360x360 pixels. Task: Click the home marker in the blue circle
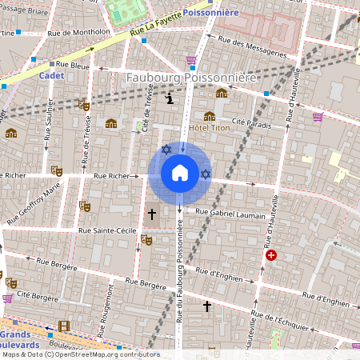180,173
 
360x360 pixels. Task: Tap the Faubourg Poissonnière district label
192,78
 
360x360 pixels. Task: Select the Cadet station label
50,75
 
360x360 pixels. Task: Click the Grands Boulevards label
21,338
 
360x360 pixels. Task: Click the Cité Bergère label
38,298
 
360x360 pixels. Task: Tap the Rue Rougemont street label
103,315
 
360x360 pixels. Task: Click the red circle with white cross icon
271,255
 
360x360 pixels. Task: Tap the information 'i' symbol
170,99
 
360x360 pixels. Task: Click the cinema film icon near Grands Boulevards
64,326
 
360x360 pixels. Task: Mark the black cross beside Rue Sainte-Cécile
152,214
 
